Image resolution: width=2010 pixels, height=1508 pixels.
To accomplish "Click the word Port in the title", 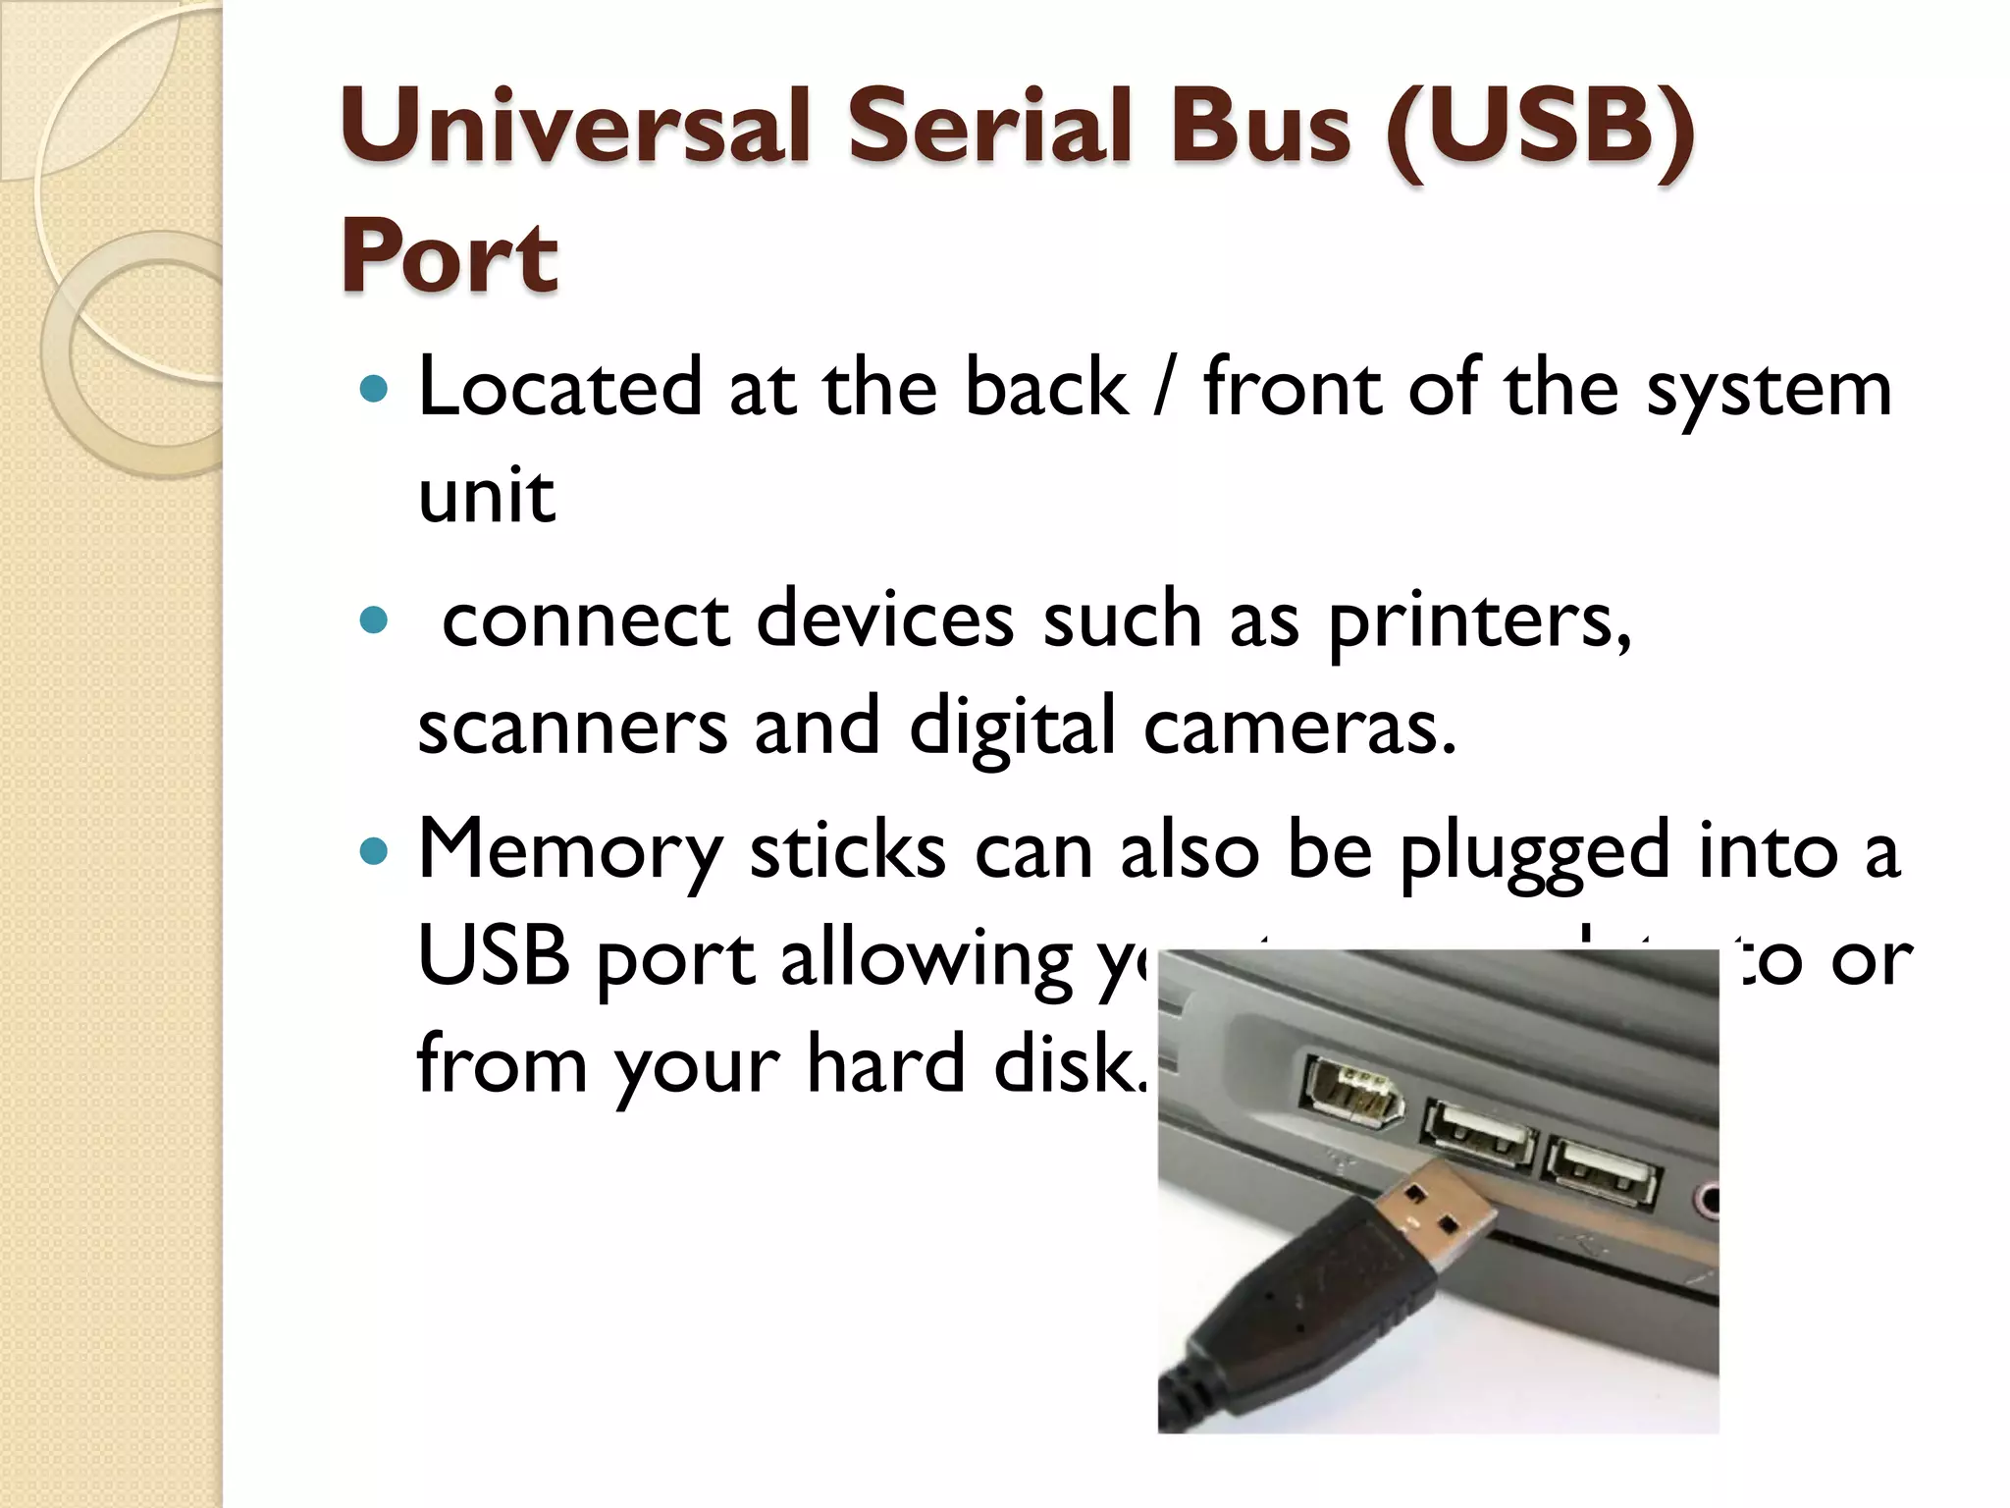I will (450, 256).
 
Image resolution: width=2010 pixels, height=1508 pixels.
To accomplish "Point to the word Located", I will (559, 388).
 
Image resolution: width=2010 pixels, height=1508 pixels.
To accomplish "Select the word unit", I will (486, 495).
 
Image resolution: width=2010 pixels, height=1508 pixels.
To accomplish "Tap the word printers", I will (1479, 620).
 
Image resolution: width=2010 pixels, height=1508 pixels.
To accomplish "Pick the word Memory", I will (569, 850).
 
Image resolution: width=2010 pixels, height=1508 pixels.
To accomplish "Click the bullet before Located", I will (374, 390).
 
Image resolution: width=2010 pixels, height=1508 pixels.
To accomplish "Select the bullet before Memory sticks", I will (374, 850).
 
